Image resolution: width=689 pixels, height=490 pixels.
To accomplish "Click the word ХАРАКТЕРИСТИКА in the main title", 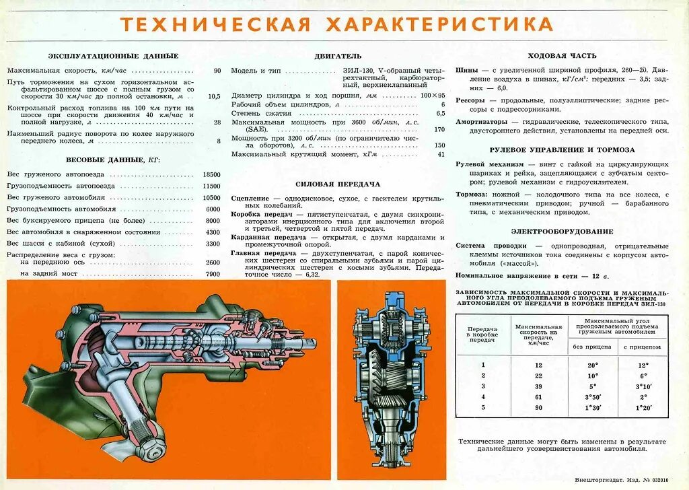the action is (x=439, y=24).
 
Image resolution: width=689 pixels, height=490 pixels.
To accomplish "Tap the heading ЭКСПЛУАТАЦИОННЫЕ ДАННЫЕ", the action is (x=113, y=56).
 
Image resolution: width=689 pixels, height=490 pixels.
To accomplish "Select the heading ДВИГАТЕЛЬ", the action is (x=338, y=56).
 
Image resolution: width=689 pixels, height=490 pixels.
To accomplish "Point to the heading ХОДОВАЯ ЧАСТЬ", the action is (x=562, y=56).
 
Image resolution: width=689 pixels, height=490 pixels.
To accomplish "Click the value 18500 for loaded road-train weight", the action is (x=212, y=174).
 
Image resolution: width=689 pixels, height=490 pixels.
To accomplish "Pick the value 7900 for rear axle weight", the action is (x=213, y=274).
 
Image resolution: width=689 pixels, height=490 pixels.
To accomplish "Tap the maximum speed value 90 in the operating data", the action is (x=217, y=71).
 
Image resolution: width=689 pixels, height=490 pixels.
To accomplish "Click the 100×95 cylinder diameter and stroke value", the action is (x=433, y=96).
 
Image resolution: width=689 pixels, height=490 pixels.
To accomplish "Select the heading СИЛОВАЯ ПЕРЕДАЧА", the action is (x=338, y=184).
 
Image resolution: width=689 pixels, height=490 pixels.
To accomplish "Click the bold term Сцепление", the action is (x=250, y=199).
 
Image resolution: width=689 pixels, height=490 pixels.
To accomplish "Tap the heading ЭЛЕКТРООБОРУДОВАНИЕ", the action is (x=562, y=232).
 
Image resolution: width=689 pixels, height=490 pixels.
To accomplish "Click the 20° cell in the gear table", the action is (x=593, y=364).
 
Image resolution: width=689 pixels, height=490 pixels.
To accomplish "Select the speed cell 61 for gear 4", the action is (x=538, y=397).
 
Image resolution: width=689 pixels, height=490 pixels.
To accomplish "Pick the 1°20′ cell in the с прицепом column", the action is (x=643, y=408).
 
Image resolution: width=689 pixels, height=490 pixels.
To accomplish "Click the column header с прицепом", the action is (x=643, y=347).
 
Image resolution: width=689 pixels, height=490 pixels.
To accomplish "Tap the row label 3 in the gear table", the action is (x=482, y=386).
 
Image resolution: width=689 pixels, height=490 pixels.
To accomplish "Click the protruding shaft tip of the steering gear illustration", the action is (x=311, y=342).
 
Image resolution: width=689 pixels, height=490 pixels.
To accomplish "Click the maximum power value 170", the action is (x=439, y=130).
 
